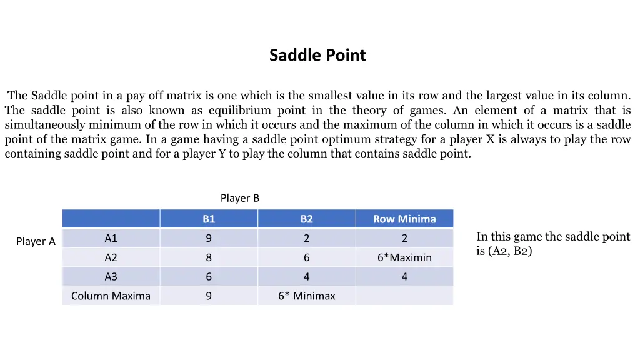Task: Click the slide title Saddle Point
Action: [x=317, y=56]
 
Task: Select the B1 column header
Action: [x=209, y=219]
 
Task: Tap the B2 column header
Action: [x=306, y=219]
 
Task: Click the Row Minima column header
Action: [x=404, y=219]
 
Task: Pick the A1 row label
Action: [x=111, y=238]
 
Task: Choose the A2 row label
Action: [x=111, y=257]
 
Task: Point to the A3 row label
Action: [x=111, y=277]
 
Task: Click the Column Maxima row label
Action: [x=111, y=296]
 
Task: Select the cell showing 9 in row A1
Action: [x=209, y=238]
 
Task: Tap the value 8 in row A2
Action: [x=209, y=257]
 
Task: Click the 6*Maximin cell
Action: [x=404, y=257]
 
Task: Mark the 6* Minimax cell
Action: [x=306, y=296]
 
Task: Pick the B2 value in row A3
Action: [x=306, y=277]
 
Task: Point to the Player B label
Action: [x=239, y=198]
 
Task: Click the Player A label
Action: [x=36, y=242]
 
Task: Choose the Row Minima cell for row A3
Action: [x=404, y=277]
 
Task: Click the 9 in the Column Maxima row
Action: [x=209, y=296]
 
